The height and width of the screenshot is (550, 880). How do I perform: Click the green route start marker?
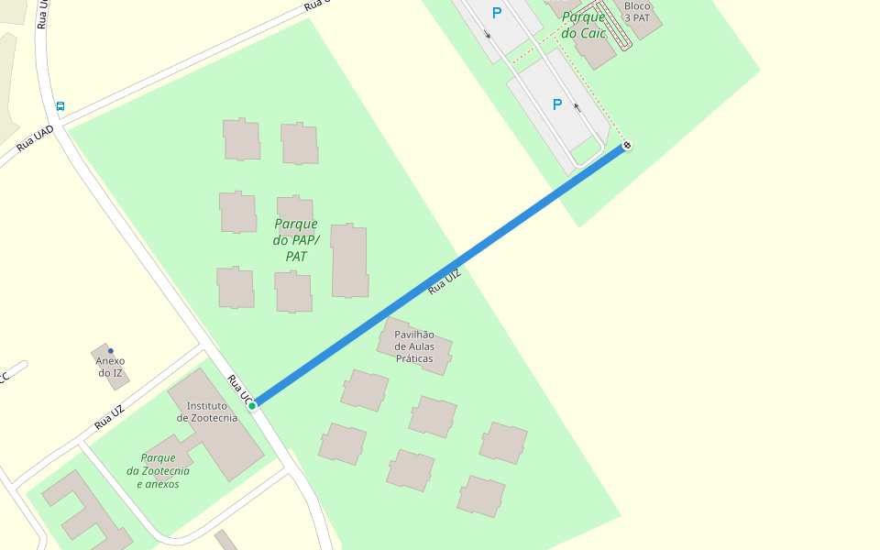(x=252, y=405)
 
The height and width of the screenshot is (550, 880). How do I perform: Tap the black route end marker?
(x=627, y=145)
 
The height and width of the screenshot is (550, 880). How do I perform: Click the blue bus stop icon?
(x=60, y=106)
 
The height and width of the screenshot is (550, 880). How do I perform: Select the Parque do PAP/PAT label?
(x=295, y=240)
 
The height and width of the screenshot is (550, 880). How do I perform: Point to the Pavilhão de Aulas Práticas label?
(x=414, y=346)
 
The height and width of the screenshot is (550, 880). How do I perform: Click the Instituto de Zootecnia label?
(x=207, y=412)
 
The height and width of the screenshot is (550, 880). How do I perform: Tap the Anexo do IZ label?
(x=110, y=367)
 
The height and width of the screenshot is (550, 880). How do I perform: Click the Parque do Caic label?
(x=584, y=25)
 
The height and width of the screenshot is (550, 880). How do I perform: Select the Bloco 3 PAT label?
(x=637, y=11)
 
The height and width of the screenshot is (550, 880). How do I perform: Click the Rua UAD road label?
(x=35, y=138)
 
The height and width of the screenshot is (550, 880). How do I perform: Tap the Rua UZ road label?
(x=108, y=417)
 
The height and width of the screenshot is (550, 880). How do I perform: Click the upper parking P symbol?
(x=497, y=13)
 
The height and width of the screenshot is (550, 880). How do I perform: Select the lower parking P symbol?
(x=557, y=104)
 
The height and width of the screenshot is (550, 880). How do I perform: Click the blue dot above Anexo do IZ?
(x=111, y=351)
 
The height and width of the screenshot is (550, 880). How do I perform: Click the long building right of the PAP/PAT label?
(x=349, y=260)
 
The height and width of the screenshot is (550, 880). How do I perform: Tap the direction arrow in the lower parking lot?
(x=576, y=106)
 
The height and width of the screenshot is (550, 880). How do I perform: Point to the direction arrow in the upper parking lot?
(x=488, y=35)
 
